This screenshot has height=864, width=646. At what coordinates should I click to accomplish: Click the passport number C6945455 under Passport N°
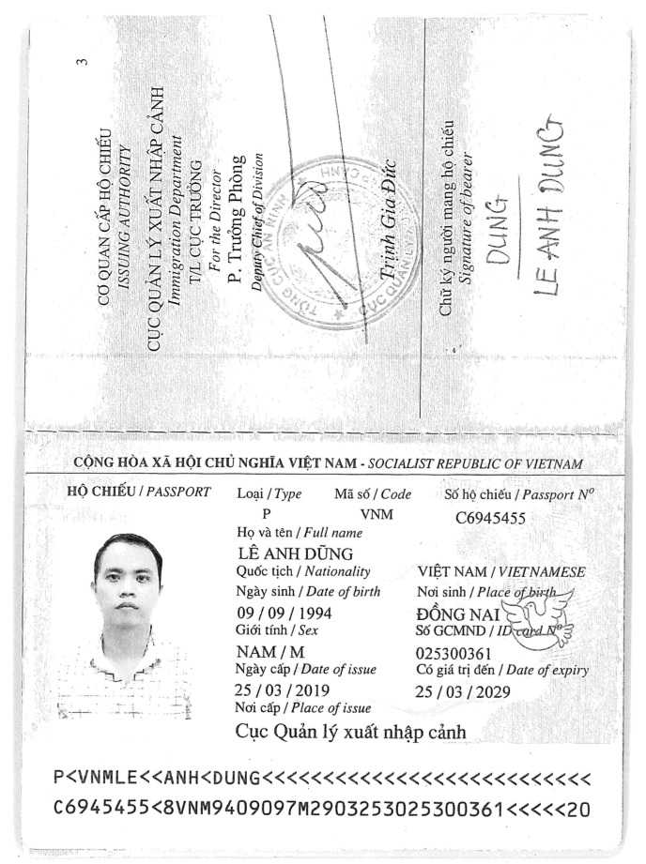pyautogui.click(x=489, y=517)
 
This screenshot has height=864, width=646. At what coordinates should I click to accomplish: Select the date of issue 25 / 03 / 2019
pyautogui.click(x=279, y=690)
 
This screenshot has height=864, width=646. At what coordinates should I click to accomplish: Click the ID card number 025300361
pyautogui.click(x=453, y=653)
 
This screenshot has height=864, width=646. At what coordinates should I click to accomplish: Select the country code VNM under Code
pyautogui.click(x=377, y=514)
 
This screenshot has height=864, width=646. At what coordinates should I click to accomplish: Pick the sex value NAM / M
pyautogui.click(x=266, y=651)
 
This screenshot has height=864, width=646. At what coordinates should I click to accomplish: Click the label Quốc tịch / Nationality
pyautogui.click(x=303, y=571)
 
